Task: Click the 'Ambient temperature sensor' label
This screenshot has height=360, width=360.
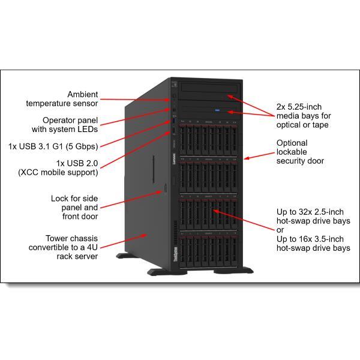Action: coord(62,99)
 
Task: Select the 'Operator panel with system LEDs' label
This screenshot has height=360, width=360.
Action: coord(65,125)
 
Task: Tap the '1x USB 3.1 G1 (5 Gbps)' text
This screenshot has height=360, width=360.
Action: coord(53,146)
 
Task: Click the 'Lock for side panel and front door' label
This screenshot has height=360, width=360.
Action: coord(74,208)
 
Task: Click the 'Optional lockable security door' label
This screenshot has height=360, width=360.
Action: coord(300,152)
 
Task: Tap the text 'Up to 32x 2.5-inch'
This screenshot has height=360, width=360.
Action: coord(310,212)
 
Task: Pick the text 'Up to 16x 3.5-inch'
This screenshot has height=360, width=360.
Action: coord(310,239)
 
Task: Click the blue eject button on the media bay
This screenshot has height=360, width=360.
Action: coord(217,110)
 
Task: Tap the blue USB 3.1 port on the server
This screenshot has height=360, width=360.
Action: coord(174,121)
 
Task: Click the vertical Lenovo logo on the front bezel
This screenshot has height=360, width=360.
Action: coord(174,159)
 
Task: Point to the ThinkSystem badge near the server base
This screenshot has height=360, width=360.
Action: coord(176,254)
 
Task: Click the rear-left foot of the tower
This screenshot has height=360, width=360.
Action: coord(124,256)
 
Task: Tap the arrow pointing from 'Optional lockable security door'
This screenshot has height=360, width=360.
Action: coord(259,155)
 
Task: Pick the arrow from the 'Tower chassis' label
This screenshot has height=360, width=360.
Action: coord(124,241)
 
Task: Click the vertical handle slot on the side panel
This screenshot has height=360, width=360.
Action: coord(154,169)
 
